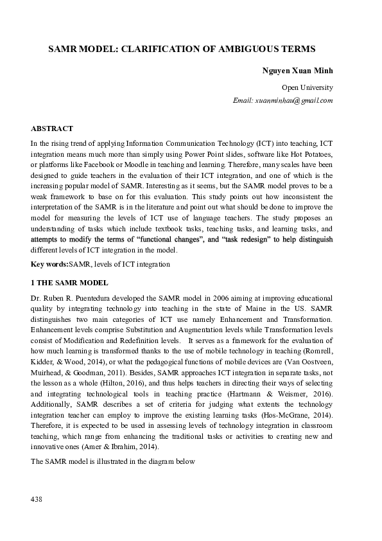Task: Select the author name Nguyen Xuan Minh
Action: pos(297,70)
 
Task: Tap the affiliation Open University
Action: pos(307,87)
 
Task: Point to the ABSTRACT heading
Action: pos(51,129)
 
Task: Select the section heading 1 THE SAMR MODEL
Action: pos(70,283)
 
